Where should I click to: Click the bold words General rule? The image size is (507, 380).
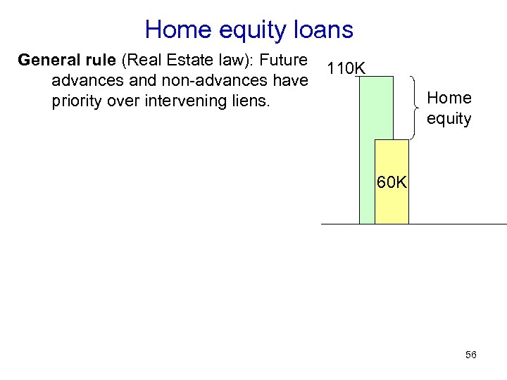pyautogui.click(x=68, y=60)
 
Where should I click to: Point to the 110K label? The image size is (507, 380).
pyautogui.click(x=345, y=69)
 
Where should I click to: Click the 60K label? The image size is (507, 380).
pyautogui.click(x=392, y=182)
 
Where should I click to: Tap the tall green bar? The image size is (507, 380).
pyautogui.click(x=367, y=155)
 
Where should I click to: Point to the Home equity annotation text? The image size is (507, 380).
pyautogui.click(x=449, y=108)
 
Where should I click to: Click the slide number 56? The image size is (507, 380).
pyautogui.click(x=471, y=355)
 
